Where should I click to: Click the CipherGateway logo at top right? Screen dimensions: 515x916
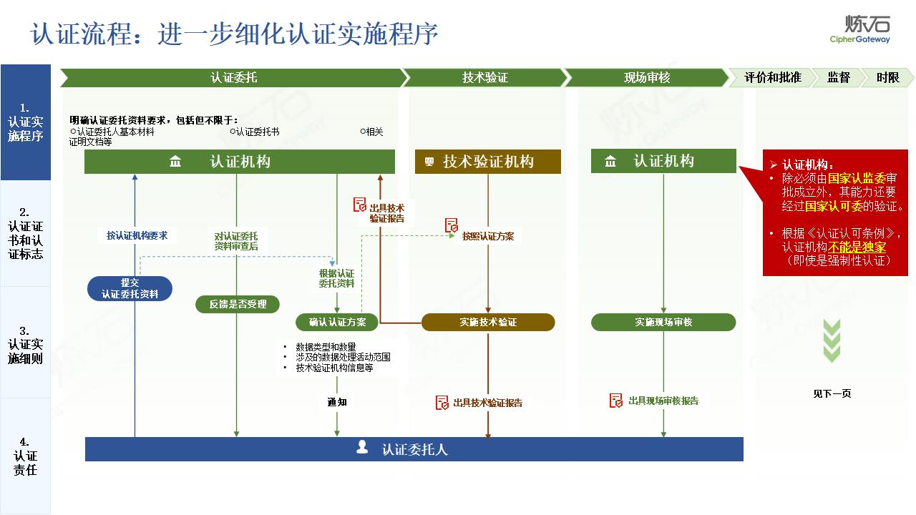point(859,29)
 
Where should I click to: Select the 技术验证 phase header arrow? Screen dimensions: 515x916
point(484,77)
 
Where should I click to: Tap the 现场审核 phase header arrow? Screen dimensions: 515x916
point(646,77)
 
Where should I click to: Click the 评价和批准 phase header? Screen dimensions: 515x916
point(772,77)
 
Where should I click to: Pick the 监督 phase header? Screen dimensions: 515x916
point(838,77)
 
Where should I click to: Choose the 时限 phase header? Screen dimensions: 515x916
point(888,77)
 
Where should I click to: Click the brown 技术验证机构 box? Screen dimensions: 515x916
point(488,162)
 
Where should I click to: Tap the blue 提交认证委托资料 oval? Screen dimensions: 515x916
point(130,288)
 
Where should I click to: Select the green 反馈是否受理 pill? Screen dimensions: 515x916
point(238,304)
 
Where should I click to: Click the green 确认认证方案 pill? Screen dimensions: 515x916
point(337,322)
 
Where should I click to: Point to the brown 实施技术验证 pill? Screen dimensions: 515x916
point(488,322)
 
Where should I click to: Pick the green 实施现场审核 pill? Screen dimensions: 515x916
point(663,322)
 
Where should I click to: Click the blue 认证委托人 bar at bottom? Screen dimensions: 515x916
point(414,449)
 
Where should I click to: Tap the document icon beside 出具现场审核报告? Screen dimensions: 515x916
point(615,401)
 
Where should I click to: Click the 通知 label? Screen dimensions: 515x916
point(337,402)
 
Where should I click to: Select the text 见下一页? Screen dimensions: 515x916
point(832,393)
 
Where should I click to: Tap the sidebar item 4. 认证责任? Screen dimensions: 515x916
point(26,456)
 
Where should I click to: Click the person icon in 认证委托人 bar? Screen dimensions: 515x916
point(362,448)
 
